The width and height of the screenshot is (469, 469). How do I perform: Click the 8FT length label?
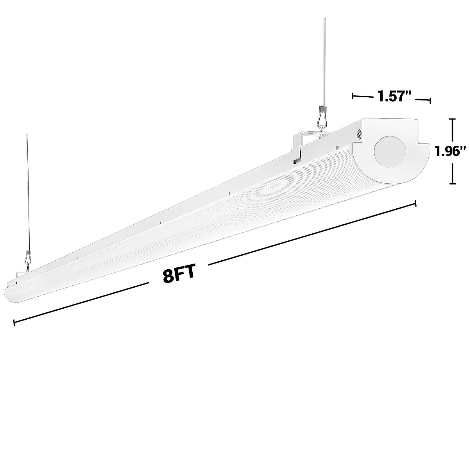click(x=178, y=274)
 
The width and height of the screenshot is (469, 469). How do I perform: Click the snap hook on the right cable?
click(x=323, y=119)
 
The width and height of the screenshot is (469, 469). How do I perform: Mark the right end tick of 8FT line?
click(x=416, y=203)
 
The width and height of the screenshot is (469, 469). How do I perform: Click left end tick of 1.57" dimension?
click(x=353, y=95)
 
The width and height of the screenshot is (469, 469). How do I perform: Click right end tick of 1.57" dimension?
click(x=430, y=101)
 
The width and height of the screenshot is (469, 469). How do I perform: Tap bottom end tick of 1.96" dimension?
click(x=453, y=183)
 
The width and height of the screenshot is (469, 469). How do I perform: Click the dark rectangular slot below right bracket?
click(x=297, y=161)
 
